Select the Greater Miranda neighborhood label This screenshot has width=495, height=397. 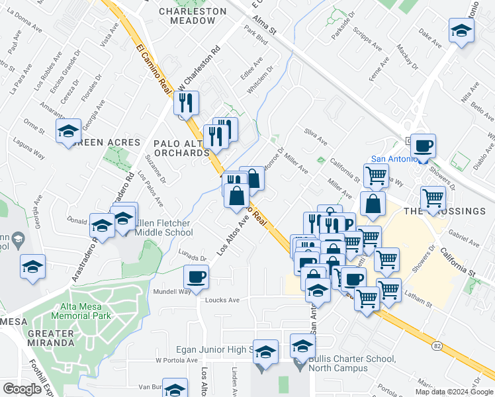51,337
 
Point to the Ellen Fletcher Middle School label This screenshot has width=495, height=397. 164,228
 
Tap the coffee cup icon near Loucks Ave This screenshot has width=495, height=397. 196,276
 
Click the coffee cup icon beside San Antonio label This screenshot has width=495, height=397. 424,146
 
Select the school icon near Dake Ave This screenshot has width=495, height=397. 461,30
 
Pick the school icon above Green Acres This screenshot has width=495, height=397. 68,130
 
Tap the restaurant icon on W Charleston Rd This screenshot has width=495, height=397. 186,103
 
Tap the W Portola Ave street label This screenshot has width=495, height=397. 177,361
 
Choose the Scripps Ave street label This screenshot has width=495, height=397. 368,40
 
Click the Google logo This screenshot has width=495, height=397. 22,389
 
